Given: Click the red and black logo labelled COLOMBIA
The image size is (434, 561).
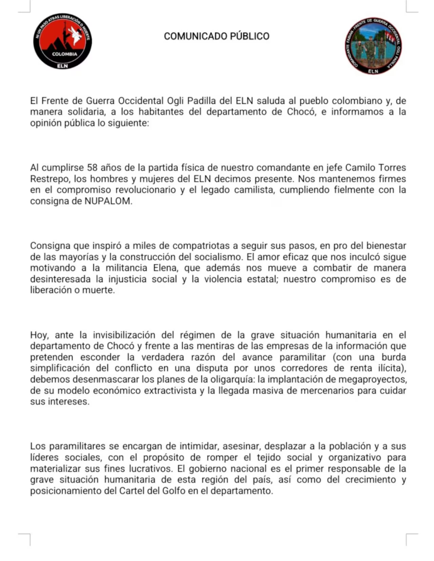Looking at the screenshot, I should click(63, 42).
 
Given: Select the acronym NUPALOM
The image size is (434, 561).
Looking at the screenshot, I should click(111, 201).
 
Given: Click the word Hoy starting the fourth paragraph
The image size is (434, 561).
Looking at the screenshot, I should click(38, 335).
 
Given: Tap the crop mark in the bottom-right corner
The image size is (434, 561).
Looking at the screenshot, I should click(411, 540).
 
